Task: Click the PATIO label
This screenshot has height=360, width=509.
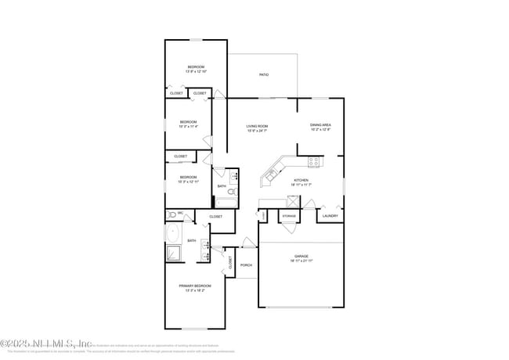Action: point(264,74)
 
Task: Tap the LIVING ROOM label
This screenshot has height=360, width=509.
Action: point(258,125)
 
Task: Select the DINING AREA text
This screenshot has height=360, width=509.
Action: point(320,125)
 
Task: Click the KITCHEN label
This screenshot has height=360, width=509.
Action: point(301,180)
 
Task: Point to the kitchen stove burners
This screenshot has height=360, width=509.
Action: point(314,163)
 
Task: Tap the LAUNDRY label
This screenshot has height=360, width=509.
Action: point(330,215)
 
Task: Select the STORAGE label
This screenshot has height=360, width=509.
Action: point(289,215)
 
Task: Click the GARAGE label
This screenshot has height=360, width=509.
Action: point(301,256)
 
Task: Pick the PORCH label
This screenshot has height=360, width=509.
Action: point(246,265)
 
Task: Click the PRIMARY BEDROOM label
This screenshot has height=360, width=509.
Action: point(195,286)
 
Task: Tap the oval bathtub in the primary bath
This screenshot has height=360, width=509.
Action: point(173,233)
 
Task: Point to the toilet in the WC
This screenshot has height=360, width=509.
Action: point(171,214)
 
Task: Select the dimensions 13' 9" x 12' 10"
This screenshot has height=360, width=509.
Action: point(195,71)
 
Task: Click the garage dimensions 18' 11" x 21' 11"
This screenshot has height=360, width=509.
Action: point(301,261)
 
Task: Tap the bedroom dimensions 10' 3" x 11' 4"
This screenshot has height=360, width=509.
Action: point(188,126)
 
